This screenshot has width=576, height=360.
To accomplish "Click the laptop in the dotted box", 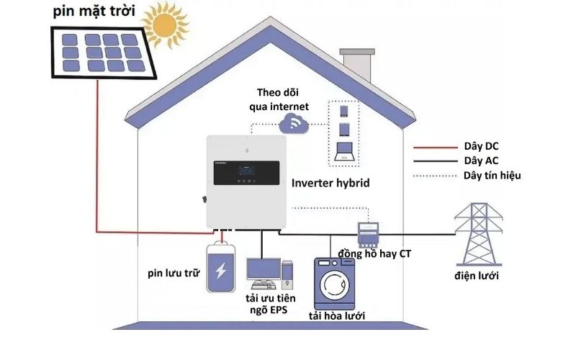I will (344, 150).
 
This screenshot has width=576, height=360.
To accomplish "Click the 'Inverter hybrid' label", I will (330, 184).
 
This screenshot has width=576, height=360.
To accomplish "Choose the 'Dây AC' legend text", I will (482, 161).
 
